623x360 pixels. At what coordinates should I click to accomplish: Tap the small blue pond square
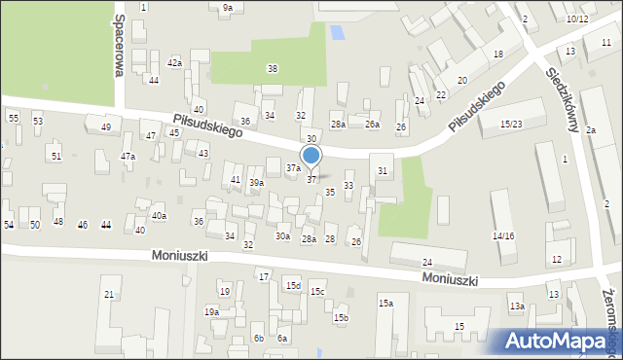(x=337, y=32)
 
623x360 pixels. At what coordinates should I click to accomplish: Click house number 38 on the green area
(x=273, y=68)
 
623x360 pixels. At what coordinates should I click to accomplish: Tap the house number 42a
(x=174, y=62)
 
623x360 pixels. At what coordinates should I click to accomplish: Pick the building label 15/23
(x=512, y=124)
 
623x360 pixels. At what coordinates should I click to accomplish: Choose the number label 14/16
(x=502, y=236)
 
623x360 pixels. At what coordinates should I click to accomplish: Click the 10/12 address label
(x=576, y=18)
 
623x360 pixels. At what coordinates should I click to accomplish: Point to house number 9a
(x=227, y=8)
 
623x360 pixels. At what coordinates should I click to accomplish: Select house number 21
(x=109, y=294)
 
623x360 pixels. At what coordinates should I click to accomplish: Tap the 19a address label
(x=211, y=311)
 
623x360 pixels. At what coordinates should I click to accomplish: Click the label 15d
(x=293, y=285)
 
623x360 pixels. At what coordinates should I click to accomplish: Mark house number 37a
(x=292, y=167)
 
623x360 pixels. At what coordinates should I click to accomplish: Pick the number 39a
(x=256, y=183)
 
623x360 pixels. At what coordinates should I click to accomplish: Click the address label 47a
(x=128, y=156)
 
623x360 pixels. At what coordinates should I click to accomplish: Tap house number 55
(x=14, y=118)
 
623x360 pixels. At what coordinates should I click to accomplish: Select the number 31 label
(x=383, y=171)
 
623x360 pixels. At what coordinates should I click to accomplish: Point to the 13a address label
(x=516, y=306)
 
